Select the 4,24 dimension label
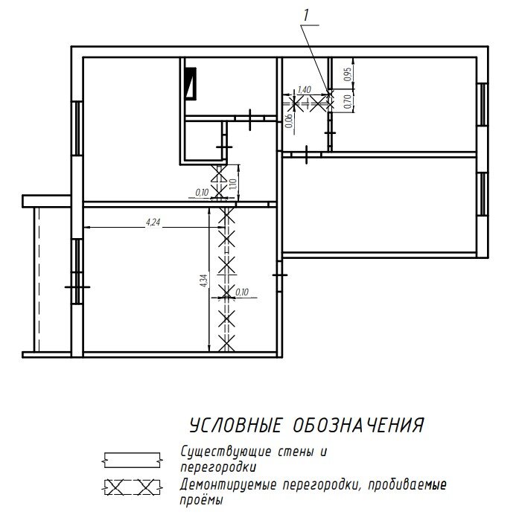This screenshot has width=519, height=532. click(x=153, y=222)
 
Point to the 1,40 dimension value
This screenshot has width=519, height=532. click(x=304, y=90)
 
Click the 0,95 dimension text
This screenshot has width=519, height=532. click(x=348, y=74)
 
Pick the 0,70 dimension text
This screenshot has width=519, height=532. click(x=348, y=103)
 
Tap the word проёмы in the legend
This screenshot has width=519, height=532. click(x=201, y=501)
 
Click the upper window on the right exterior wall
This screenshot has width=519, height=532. click(x=483, y=104)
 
